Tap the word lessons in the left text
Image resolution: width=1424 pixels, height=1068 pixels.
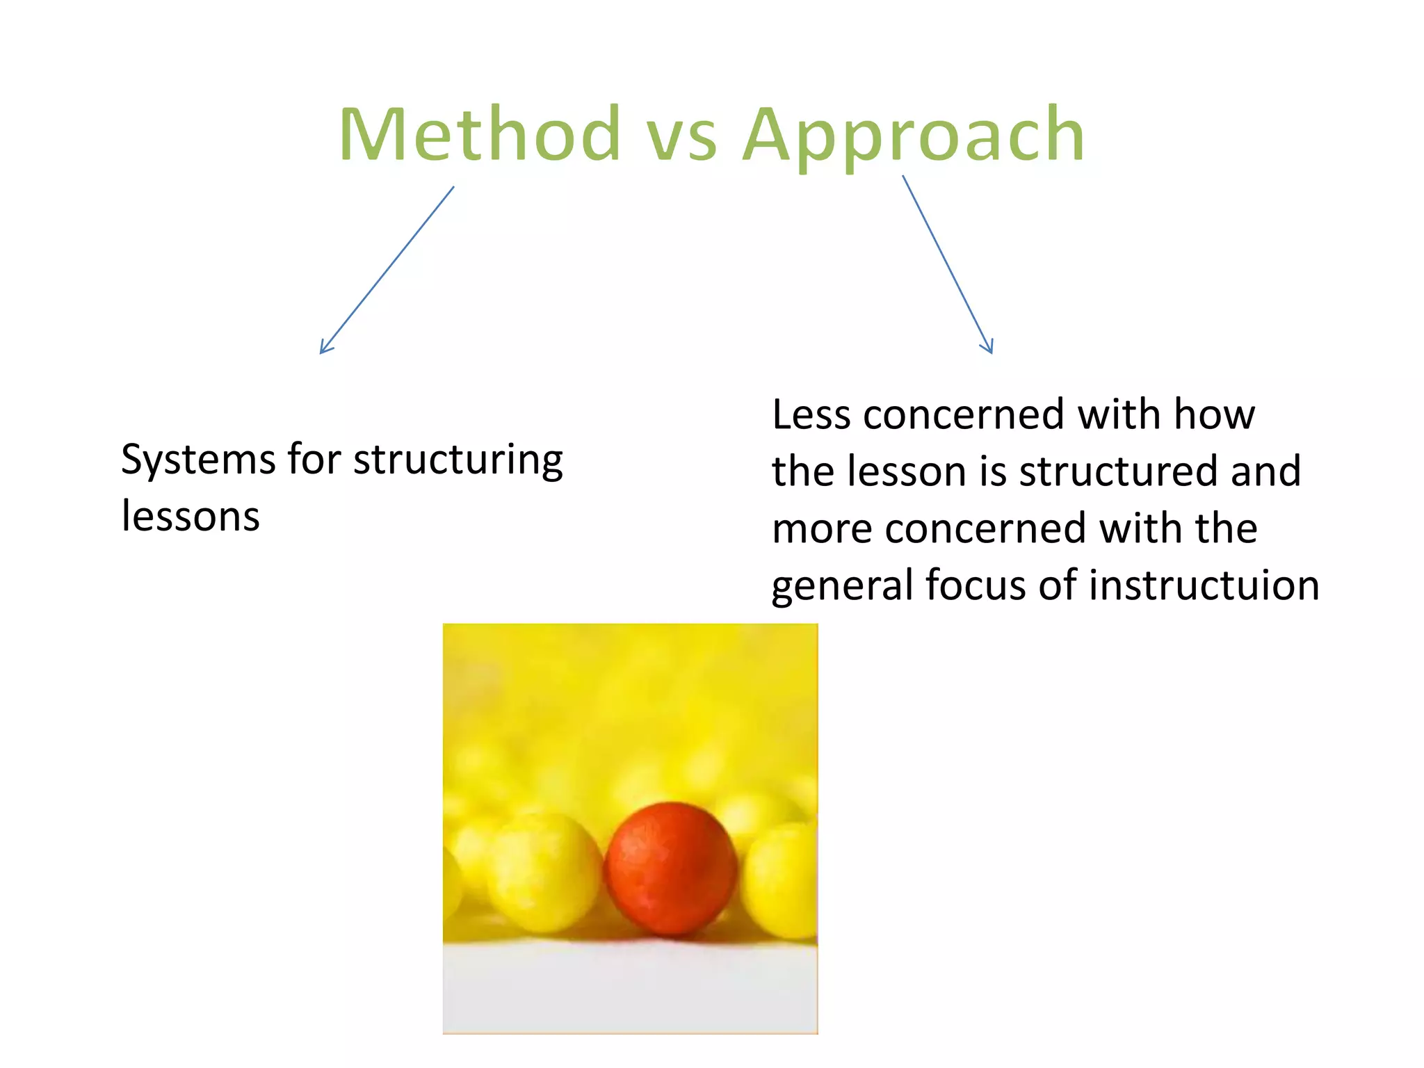pos(191,517)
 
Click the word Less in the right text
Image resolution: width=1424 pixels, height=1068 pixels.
pos(811,415)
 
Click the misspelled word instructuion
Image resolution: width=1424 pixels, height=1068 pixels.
pos(1204,585)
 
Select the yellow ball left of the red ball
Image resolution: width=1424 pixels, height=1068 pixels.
pos(546,873)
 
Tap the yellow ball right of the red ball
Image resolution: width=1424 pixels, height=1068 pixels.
pos(782,880)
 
